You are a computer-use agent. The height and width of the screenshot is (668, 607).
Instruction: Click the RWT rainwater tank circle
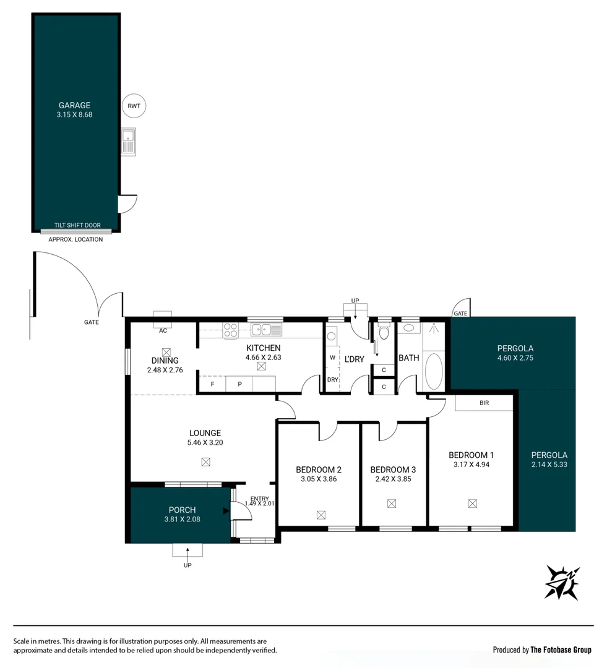[x=134, y=106]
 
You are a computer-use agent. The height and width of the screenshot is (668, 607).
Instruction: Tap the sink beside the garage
[x=129, y=142]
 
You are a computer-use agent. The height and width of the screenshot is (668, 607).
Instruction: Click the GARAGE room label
[x=74, y=105]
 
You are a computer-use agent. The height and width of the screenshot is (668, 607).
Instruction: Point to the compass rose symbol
[x=562, y=582]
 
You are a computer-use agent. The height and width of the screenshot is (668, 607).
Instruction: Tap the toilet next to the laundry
[x=384, y=334]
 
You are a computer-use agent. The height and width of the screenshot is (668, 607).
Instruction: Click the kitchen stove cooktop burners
[x=231, y=330]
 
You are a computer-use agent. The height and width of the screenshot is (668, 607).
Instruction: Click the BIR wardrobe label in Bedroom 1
[x=484, y=402]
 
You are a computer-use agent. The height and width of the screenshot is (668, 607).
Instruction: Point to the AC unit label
[x=163, y=330]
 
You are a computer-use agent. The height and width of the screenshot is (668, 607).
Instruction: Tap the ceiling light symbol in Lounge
[x=205, y=461]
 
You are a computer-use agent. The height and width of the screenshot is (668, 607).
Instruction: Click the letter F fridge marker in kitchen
[x=212, y=384]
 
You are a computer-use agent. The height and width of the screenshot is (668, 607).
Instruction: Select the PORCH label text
[x=182, y=510]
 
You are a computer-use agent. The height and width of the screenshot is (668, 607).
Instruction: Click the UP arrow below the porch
[x=187, y=550]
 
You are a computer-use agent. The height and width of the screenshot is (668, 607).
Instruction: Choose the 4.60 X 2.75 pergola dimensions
[x=515, y=358]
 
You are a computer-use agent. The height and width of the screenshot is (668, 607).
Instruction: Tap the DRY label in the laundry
[x=332, y=380]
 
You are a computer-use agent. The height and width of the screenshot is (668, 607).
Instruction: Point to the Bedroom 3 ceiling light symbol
[x=391, y=503]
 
